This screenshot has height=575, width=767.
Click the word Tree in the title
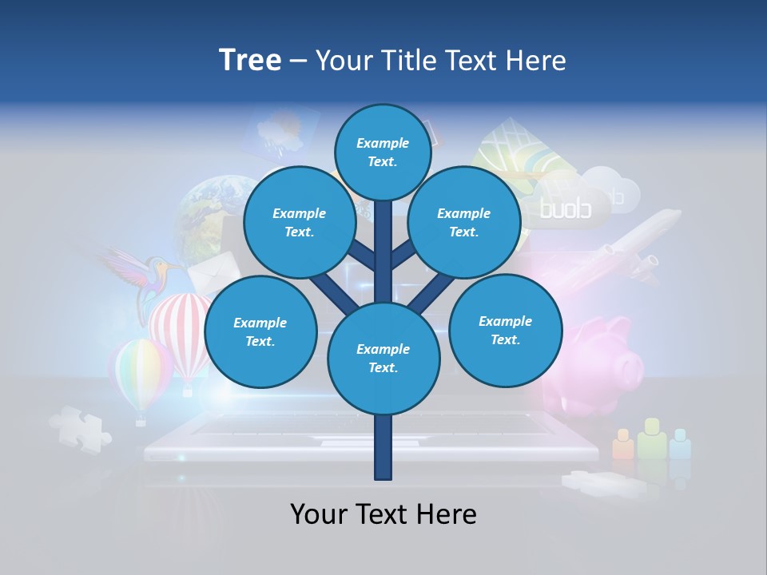coord(250,61)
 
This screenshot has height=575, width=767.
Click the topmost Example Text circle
coord(383,152)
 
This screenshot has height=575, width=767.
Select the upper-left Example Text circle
coord(299,222)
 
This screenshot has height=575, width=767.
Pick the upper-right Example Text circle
coord(464,222)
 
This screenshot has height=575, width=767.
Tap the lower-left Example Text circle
coord(260,331)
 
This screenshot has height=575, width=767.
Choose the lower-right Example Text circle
coord(506,330)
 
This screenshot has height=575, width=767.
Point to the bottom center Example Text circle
coord(383,358)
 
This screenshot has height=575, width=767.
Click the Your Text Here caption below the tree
coord(383,514)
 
